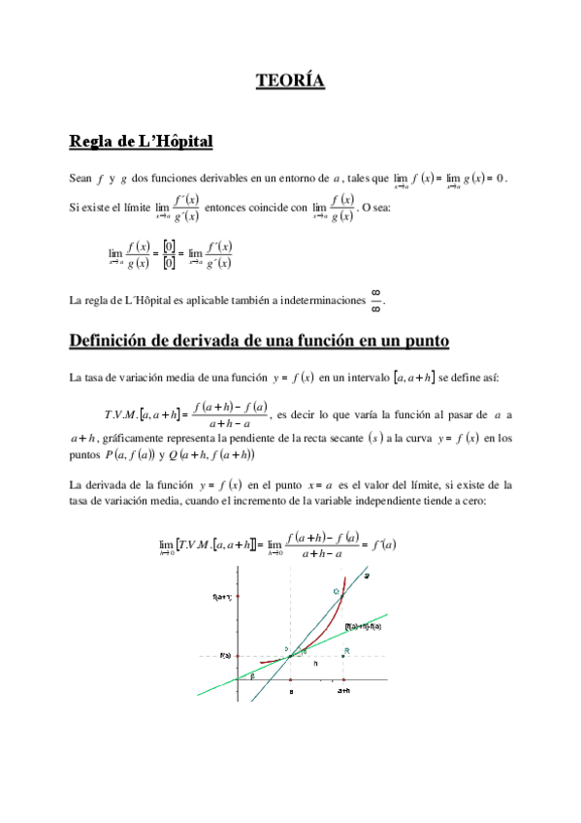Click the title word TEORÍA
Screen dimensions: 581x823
point(290,80)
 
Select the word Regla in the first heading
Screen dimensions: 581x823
point(90,142)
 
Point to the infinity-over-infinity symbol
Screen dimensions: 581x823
point(376,300)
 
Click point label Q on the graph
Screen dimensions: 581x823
point(337,591)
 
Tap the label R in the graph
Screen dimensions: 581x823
point(346,650)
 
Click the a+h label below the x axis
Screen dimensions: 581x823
point(343,691)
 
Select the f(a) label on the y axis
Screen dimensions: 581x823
point(225,656)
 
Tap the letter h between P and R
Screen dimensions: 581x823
point(314,663)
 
